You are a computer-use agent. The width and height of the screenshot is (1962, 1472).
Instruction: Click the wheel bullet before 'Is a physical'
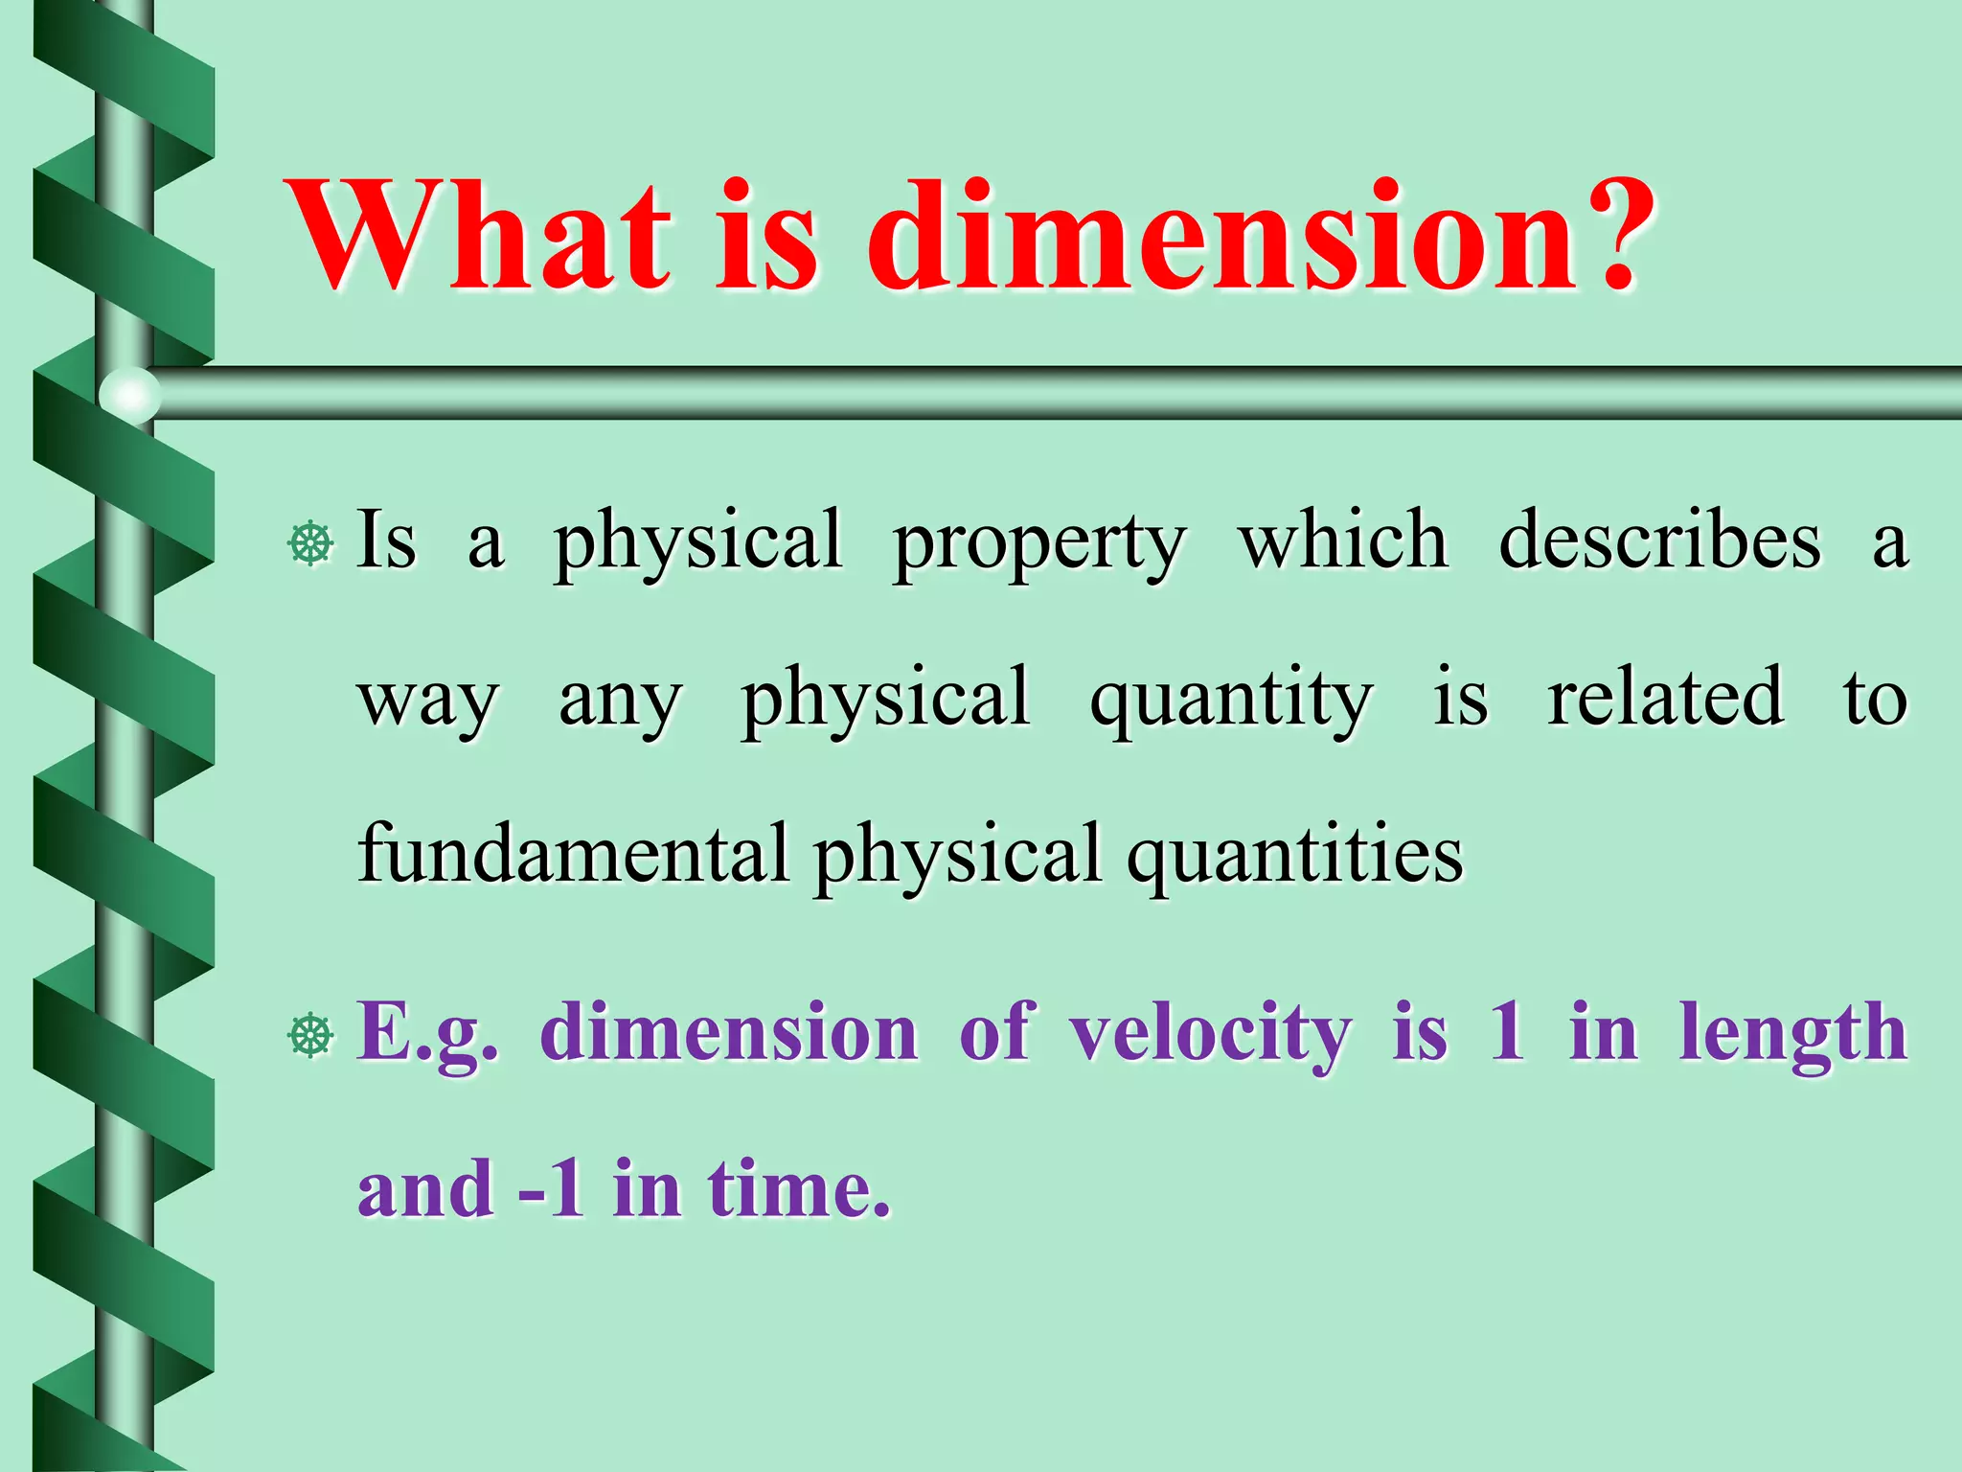tap(310, 544)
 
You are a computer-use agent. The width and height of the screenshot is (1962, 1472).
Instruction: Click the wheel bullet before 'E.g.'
tap(310, 1036)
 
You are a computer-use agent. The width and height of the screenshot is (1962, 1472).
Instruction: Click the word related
tap(1665, 697)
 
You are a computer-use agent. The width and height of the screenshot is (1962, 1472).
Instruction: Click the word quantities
tap(1294, 856)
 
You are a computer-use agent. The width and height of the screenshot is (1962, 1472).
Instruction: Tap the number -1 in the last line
tap(552, 1190)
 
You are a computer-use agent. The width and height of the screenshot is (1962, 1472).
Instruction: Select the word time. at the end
tap(799, 1190)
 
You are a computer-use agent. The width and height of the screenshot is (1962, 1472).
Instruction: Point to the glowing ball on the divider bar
tap(129, 394)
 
